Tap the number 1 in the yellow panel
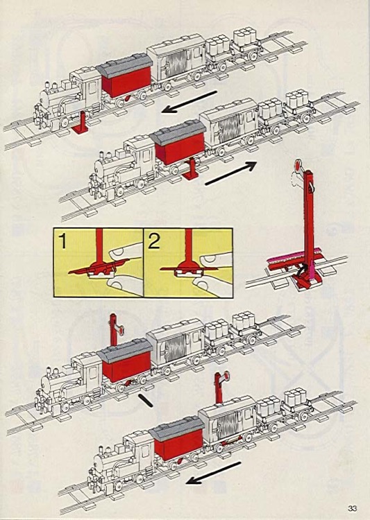point(63,242)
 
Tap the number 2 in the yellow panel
point(153,242)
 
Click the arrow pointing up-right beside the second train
point(231,173)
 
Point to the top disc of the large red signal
point(296,166)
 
